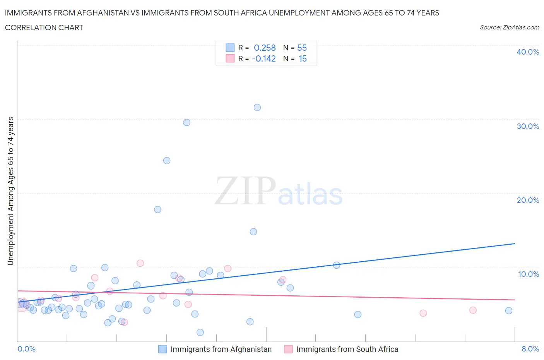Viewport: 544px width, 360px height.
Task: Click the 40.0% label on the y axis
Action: tap(527, 52)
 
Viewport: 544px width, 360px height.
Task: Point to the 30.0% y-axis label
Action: tap(527, 126)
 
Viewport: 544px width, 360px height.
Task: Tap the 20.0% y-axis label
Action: tap(527, 200)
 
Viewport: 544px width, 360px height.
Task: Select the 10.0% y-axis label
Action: tap(528, 274)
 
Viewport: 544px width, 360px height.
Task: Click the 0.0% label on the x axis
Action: tap(26, 349)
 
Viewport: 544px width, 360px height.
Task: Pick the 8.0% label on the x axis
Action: tap(530, 349)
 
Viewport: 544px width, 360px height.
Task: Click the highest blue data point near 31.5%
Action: tap(257, 108)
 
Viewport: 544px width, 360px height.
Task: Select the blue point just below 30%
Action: tap(186, 122)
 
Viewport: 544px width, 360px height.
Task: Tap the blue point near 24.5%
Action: tap(167, 161)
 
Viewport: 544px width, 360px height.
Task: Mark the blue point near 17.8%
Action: tap(157, 209)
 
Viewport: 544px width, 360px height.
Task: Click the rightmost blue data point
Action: tap(509, 310)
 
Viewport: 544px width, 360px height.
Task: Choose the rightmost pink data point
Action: tap(473, 310)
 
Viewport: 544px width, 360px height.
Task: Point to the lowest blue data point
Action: tap(200, 333)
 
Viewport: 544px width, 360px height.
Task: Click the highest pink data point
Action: tap(140, 263)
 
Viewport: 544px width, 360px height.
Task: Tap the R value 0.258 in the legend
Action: tap(265, 48)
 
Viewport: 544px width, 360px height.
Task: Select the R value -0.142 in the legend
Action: tap(263, 58)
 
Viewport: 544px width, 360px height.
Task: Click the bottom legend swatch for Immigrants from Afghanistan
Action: tap(163, 349)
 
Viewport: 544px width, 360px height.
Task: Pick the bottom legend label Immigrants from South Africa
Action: tap(347, 349)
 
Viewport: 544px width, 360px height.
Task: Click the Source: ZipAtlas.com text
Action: tap(509, 27)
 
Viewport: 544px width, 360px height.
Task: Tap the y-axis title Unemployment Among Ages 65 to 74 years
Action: tap(10, 191)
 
